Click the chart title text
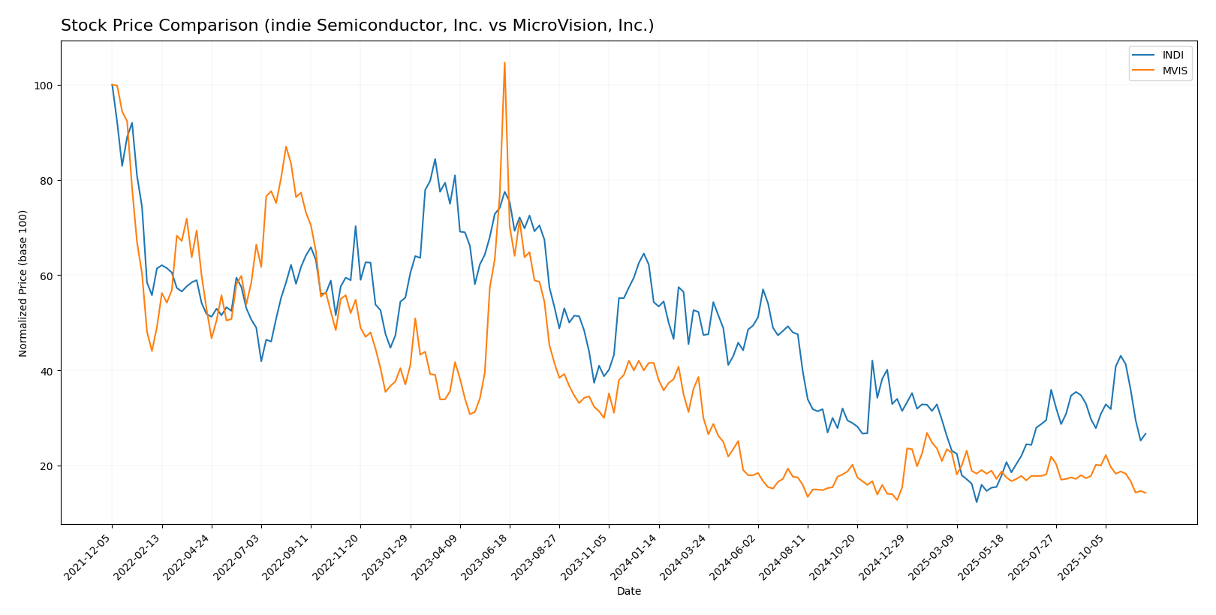[x=357, y=26]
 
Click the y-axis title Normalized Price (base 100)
[x=23, y=283]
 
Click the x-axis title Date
[x=628, y=591]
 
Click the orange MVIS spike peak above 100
[x=504, y=62]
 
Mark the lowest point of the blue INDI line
[x=977, y=502]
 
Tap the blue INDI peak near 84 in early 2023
[x=435, y=159]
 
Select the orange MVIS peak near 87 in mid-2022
[x=286, y=146]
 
